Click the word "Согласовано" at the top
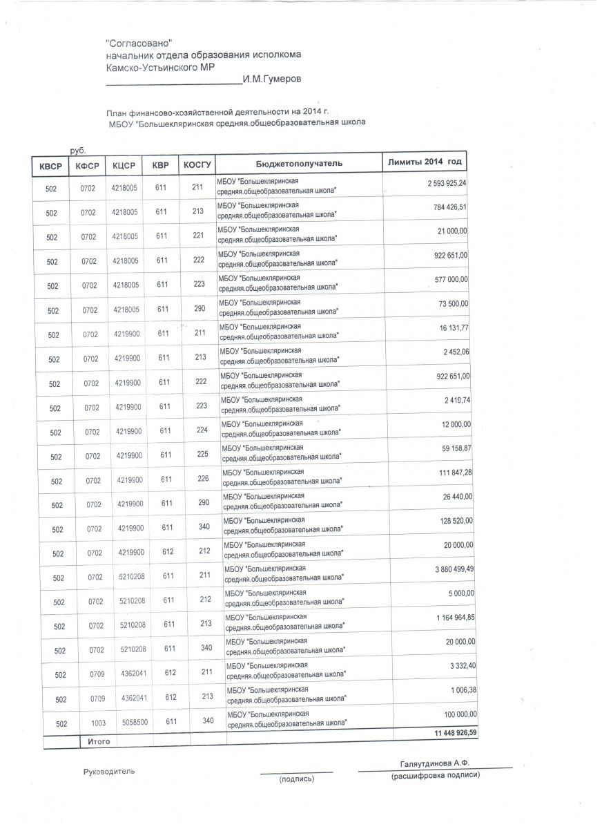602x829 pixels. pos(139,44)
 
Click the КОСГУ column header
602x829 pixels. pos(198,165)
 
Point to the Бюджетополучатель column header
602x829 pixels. pos(299,164)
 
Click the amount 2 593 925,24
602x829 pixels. pos(443,184)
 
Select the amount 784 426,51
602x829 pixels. pos(447,207)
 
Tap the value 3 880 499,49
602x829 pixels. pos(446,569)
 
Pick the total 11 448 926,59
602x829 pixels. pos(447,732)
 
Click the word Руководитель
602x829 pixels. pos(109,771)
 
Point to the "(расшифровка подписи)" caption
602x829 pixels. pos(435,776)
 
